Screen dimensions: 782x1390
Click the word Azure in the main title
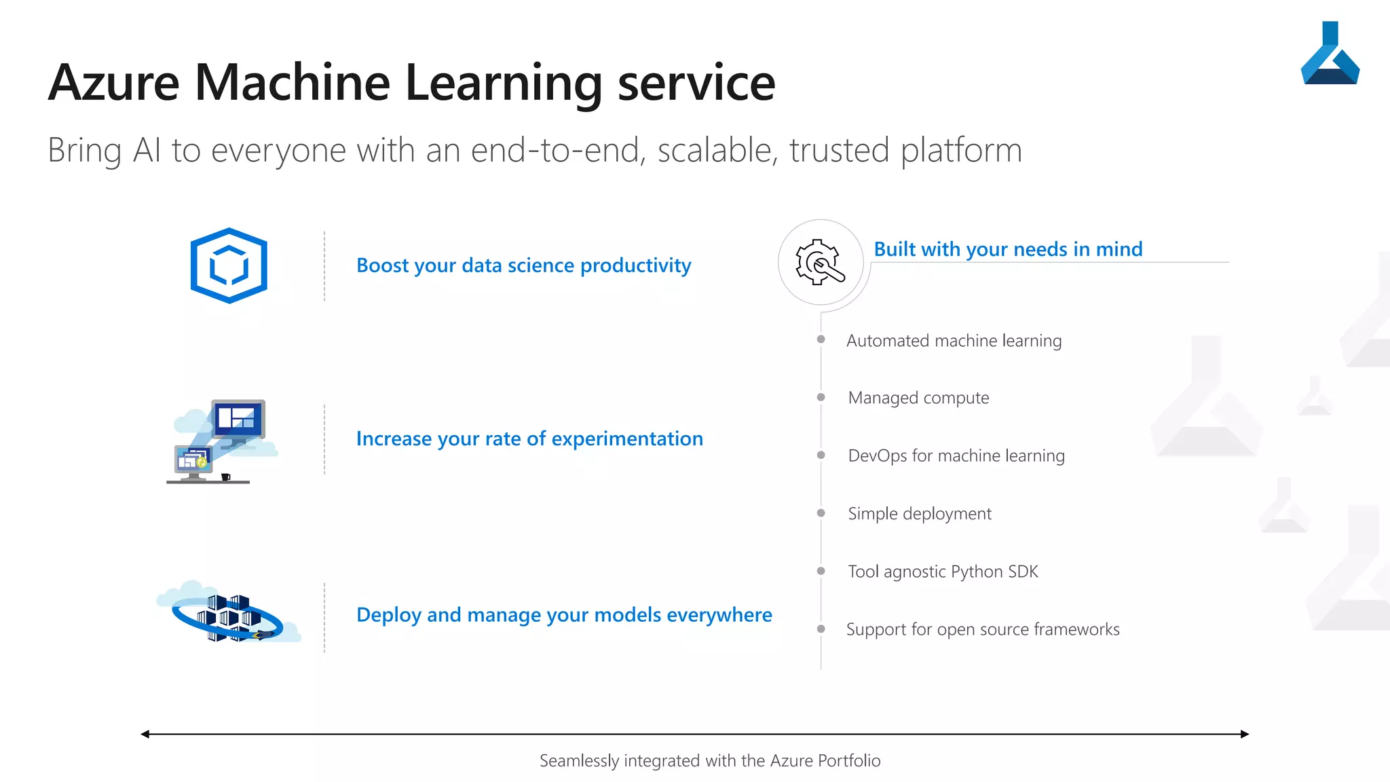click(114, 83)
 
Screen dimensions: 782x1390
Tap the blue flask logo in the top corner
click(1330, 54)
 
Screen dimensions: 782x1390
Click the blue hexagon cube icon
click(229, 265)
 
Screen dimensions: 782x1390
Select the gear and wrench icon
click(821, 262)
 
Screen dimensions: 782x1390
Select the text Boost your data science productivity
click(523, 265)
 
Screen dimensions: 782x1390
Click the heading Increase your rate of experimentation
click(529, 439)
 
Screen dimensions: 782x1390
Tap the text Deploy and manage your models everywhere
click(564, 614)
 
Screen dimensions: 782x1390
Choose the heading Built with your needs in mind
click(1008, 249)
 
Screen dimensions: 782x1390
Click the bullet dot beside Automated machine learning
click(821, 339)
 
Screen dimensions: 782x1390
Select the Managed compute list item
click(918, 398)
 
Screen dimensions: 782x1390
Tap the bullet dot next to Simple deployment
click(821, 513)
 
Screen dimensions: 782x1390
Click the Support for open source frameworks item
click(983, 629)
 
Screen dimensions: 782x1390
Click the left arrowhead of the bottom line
click(145, 734)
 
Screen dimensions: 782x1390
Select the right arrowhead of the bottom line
click(1245, 734)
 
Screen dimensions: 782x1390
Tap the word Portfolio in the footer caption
click(849, 760)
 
